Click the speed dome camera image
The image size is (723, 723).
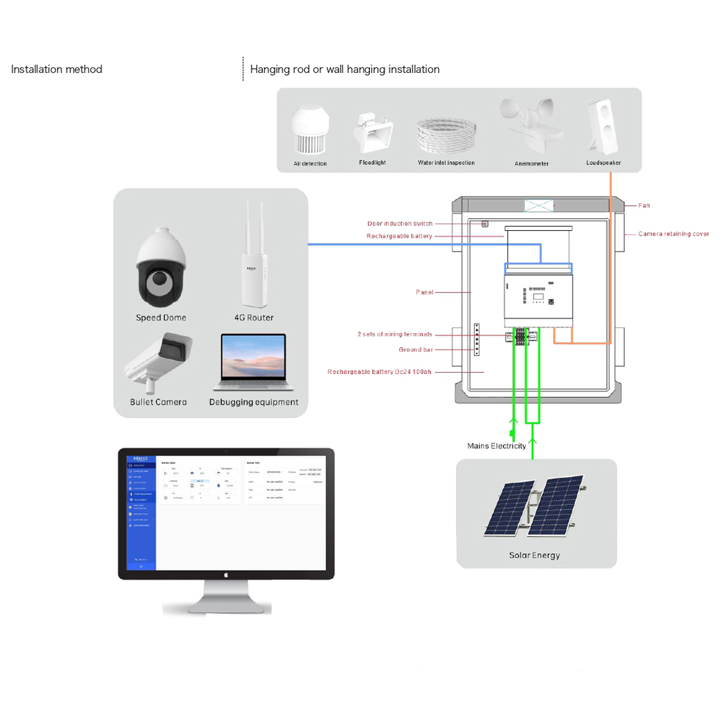tap(161, 268)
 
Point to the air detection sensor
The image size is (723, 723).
tap(309, 131)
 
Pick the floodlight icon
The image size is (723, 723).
tap(373, 133)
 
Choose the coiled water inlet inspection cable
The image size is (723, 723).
tap(446, 136)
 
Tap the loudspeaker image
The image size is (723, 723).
tap(602, 127)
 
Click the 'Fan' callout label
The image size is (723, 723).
tap(644, 206)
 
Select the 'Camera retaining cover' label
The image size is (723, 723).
tap(674, 234)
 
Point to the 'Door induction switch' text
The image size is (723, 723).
tap(400, 224)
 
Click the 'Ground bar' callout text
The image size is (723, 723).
tap(416, 350)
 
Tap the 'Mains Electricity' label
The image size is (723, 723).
tap(496, 446)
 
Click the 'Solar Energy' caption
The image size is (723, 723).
tap(534, 555)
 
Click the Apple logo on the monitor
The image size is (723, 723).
tap(226, 574)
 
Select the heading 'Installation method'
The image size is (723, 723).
tap(56, 70)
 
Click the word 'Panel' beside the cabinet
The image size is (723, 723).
tap(424, 293)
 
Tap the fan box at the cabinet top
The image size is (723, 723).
tap(539, 206)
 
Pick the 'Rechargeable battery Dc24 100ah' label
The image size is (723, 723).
tap(379, 372)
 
